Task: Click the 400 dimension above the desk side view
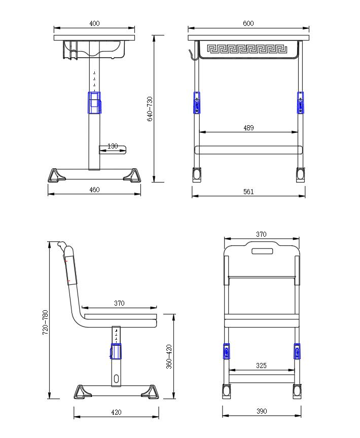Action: point(94,23)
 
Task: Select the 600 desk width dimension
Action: point(248,23)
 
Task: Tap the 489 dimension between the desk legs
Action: point(248,128)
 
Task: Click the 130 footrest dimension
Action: point(113,147)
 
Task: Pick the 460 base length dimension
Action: point(94,190)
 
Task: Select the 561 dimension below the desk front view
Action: point(248,192)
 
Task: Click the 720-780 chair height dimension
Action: point(45,322)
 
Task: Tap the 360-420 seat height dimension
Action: point(169,356)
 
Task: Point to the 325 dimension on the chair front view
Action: point(261,366)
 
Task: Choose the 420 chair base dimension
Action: point(116,412)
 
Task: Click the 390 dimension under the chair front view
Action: point(261,412)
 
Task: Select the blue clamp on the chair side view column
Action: point(117,351)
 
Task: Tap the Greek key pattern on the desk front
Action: point(247,50)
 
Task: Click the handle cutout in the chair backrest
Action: point(262,250)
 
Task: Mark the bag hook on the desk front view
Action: point(191,54)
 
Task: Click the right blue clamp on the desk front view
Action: point(301,103)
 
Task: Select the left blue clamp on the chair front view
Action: point(226,351)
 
